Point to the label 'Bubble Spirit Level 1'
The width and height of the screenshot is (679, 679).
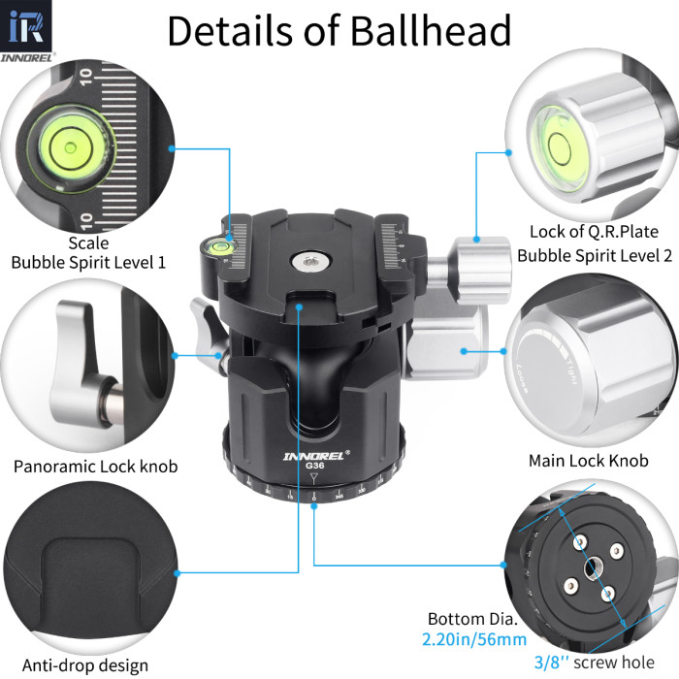(x=88, y=262)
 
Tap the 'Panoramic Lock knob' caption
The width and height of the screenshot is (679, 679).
(x=95, y=467)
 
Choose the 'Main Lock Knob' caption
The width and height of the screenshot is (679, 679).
(x=588, y=461)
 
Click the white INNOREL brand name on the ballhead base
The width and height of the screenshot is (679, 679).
(x=309, y=453)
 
